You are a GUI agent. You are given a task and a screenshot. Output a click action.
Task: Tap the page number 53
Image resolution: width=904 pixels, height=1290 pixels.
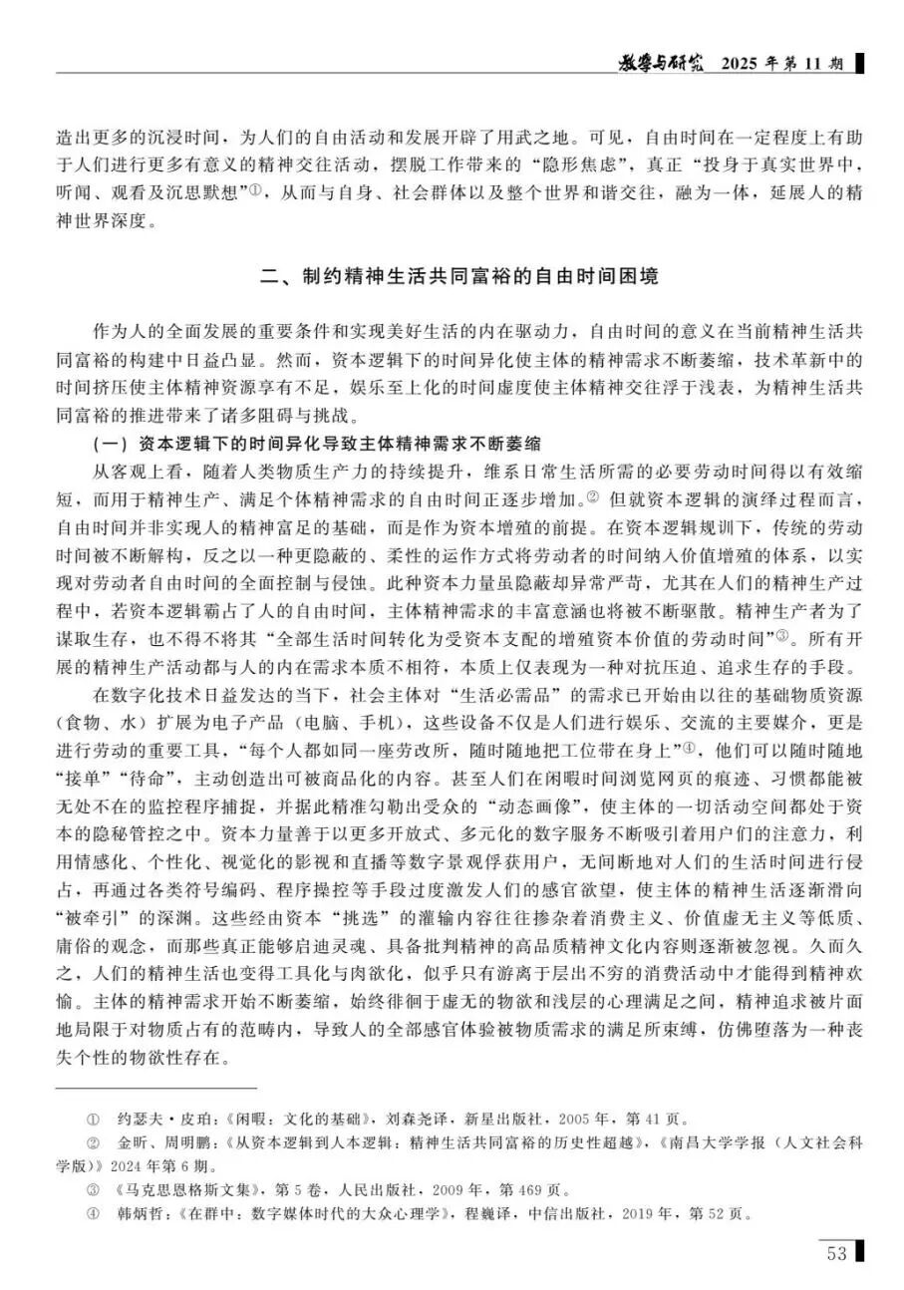pyautogui.click(x=836, y=1253)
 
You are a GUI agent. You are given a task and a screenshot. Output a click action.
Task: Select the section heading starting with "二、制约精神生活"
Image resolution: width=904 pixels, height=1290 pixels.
pyautogui.click(x=452, y=276)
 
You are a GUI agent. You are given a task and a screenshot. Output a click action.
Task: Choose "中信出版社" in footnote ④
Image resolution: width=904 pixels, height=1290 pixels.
pyautogui.click(x=586, y=1214)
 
